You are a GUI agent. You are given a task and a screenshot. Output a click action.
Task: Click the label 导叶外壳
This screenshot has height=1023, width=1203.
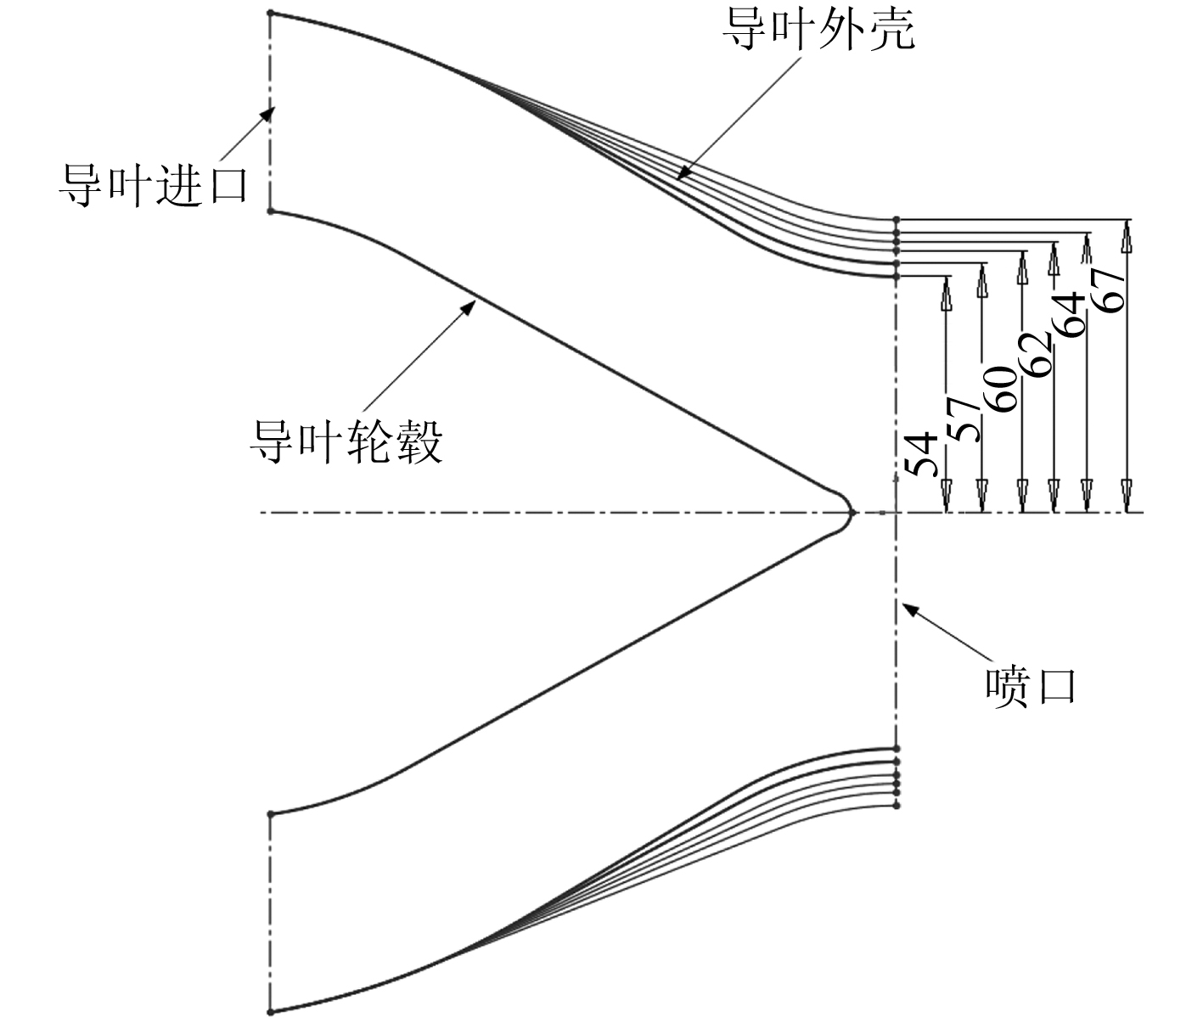(x=818, y=31)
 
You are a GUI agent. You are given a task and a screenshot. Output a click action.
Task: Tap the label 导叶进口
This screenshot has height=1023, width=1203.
(x=153, y=184)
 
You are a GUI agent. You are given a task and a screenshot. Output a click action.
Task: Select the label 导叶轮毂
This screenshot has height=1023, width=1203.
(x=346, y=441)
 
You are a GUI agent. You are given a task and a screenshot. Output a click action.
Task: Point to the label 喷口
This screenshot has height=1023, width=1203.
(x=1031, y=686)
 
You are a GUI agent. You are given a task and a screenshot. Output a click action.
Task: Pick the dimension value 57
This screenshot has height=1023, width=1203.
(x=964, y=418)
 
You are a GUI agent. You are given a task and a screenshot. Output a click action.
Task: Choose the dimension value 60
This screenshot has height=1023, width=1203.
(x=1003, y=388)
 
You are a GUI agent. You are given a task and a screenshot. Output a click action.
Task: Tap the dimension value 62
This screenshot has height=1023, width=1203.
(x=1037, y=352)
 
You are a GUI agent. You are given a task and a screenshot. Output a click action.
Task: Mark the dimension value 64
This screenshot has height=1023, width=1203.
(x=1070, y=314)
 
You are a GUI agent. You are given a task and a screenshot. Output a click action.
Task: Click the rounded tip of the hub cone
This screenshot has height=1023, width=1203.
(x=850, y=512)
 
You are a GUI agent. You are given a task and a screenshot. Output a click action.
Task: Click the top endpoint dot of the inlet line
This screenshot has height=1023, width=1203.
(x=270, y=14)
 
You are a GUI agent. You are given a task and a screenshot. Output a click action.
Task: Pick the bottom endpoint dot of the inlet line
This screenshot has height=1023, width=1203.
(x=270, y=1011)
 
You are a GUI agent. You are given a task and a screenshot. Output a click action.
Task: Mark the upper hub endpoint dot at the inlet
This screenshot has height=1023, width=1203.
(x=270, y=211)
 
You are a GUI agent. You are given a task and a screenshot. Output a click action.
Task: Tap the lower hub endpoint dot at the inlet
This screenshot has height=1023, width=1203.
(x=270, y=814)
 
